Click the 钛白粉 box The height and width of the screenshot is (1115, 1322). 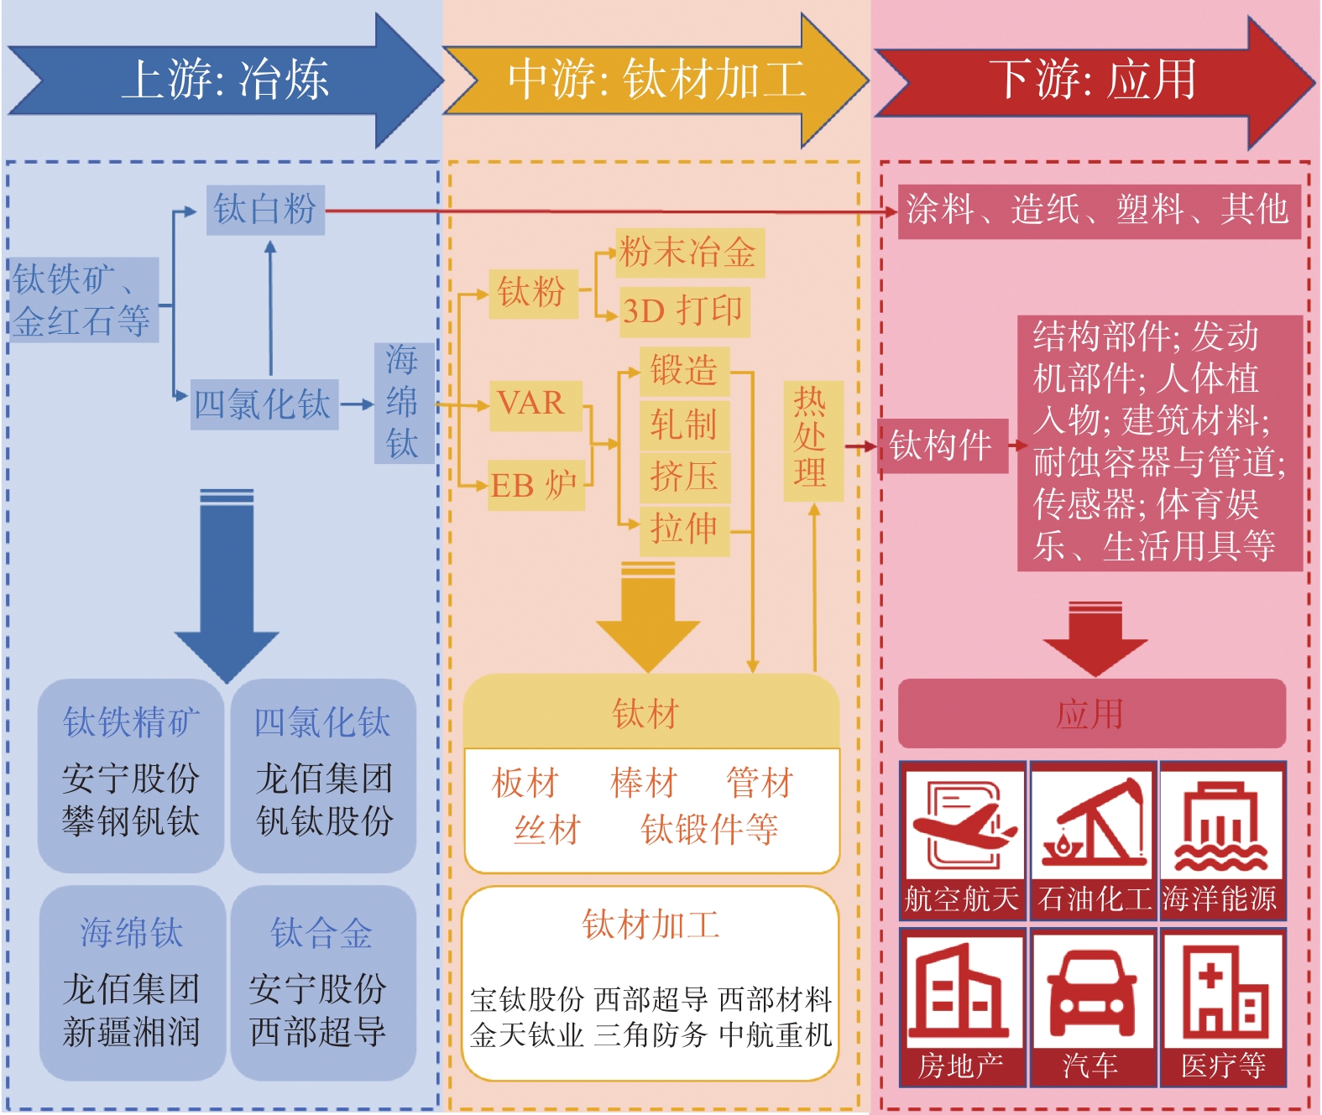point(265,210)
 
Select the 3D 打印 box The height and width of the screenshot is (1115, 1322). point(683,311)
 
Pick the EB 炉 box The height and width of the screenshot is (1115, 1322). point(536,486)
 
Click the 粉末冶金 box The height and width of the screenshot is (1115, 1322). point(689,253)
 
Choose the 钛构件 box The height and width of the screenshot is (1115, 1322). point(942,445)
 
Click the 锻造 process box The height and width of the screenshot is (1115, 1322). point(684,371)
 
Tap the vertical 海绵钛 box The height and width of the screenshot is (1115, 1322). point(403,403)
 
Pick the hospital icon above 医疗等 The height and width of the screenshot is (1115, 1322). point(1224,990)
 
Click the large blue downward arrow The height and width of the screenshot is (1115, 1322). point(227,587)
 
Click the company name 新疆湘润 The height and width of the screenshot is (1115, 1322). point(132,1032)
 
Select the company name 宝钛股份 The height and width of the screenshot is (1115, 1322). point(527,999)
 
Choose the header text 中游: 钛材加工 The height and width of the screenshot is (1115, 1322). point(656,80)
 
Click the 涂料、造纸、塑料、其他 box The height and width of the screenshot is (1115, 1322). point(1098,210)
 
